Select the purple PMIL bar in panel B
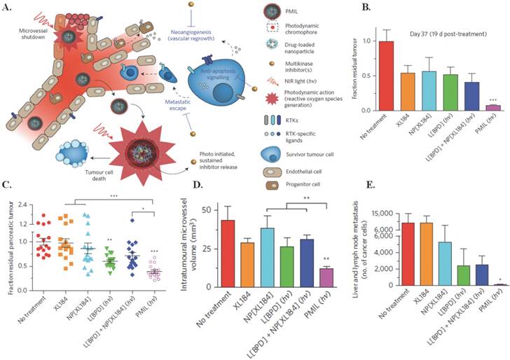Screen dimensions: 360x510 pyautogui.click(x=483, y=108)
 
